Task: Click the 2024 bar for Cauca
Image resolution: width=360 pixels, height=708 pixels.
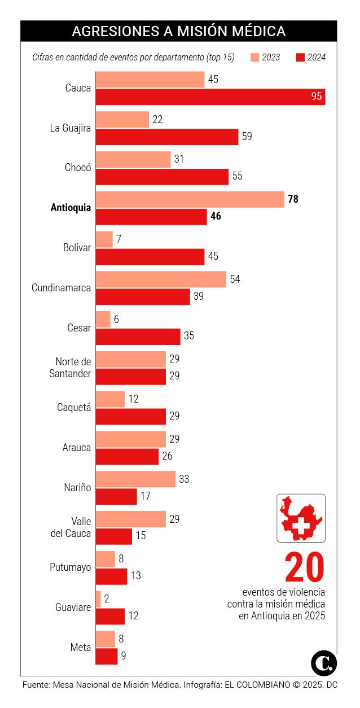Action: tap(210, 97)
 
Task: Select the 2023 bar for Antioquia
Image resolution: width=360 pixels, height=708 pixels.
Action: tap(190, 199)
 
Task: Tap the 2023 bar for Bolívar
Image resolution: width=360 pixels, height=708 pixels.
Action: tap(104, 239)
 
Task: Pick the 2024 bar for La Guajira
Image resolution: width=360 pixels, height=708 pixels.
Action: tap(167, 137)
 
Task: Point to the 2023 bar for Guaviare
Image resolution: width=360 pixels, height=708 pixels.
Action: tap(98, 599)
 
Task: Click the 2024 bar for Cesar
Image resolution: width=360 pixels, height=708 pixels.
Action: tap(138, 336)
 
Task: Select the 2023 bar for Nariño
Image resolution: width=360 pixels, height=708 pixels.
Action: tap(135, 479)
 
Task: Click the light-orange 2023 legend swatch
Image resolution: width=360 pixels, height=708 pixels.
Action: tap(254, 57)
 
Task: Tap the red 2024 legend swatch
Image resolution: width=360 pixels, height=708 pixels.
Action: tap(300, 57)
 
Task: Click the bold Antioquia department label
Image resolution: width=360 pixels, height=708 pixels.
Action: tap(71, 208)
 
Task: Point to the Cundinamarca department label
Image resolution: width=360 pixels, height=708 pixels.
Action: tap(61, 288)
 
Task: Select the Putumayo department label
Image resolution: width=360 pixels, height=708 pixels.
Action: tap(70, 567)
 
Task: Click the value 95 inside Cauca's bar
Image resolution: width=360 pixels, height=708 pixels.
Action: tap(317, 97)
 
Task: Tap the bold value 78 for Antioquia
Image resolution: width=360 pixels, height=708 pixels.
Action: tap(293, 199)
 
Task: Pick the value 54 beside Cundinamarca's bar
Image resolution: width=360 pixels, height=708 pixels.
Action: tap(235, 279)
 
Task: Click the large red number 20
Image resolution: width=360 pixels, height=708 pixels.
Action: tap(305, 567)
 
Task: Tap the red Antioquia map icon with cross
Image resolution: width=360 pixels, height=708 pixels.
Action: tap(300, 518)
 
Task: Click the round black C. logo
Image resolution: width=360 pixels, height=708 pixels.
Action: tap(324, 662)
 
